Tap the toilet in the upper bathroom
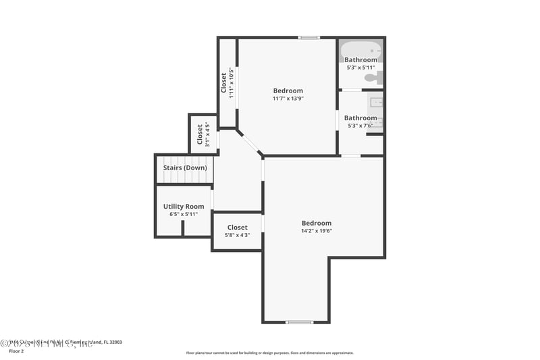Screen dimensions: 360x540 point(373,78)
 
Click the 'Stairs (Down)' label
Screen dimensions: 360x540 point(185,168)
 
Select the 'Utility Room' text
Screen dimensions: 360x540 point(184,207)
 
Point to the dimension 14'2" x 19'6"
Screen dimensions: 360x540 point(317,231)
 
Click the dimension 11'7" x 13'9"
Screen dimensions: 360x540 point(288,99)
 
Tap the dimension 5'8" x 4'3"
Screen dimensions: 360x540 point(237,235)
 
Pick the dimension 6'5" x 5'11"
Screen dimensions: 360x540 point(184,214)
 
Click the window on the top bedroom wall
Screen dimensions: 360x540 point(309,38)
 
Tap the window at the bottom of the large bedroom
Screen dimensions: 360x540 point(299,322)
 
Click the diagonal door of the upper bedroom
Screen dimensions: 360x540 point(250,143)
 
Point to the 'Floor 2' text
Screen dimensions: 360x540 point(16,351)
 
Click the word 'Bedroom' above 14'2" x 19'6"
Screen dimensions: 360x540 point(317,224)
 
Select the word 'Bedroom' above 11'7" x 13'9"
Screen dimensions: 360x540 point(288,91)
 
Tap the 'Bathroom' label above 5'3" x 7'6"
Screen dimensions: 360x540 point(360,118)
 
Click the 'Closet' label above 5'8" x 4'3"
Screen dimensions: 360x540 point(237,228)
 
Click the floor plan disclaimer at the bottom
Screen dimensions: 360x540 point(269,353)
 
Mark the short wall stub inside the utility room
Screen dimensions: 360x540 point(183,228)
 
